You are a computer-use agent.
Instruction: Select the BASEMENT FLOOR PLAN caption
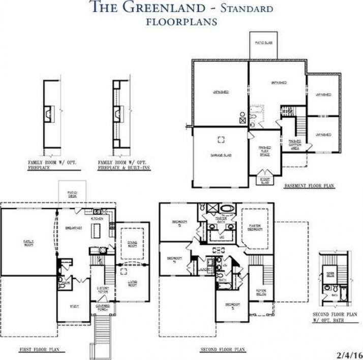click(x=310, y=186)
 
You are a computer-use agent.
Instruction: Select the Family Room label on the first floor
click(x=28, y=242)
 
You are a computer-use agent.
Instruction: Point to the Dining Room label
click(x=132, y=243)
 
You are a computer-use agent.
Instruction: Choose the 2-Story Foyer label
click(x=102, y=290)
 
